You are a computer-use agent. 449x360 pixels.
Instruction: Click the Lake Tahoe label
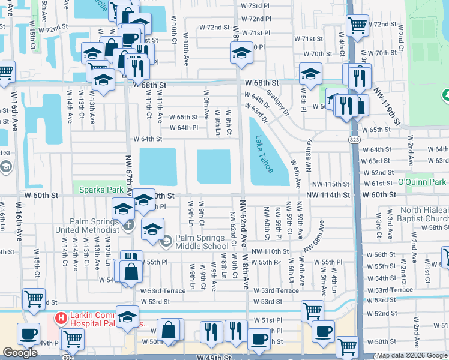[x=264, y=154]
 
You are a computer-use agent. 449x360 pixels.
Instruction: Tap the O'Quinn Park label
[x=424, y=182]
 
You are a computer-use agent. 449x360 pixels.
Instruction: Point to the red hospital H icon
[x=61, y=317]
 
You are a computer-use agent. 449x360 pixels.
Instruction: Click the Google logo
[x=20, y=353]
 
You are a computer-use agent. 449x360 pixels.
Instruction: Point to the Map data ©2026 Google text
[x=412, y=355]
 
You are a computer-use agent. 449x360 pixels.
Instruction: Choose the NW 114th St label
[x=328, y=195]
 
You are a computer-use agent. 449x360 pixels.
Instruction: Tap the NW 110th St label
[x=271, y=251]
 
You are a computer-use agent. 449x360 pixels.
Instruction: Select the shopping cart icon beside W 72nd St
[x=357, y=25]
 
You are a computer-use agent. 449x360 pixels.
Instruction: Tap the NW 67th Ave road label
[x=128, y=173]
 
